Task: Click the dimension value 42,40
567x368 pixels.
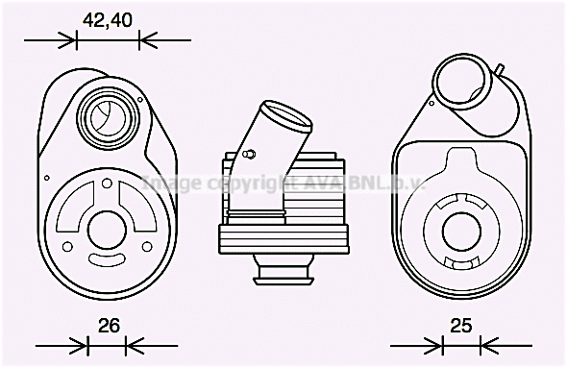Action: (x=106, y=18)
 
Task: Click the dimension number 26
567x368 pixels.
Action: (x=109, y=326)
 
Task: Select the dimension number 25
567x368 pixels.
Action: (x=461, y=326)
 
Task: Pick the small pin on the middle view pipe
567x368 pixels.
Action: (x=249, y=153)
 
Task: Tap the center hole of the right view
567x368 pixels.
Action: (x=463, y=230)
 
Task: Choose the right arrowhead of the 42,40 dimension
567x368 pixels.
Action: (x=145, y=39)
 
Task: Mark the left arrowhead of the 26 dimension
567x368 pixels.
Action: (x=82, y=344)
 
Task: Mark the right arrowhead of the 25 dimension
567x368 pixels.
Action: (x=484, y=344)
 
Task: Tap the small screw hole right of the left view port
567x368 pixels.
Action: (x=141, y=98)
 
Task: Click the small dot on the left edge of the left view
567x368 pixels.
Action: (x=47, y=177)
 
